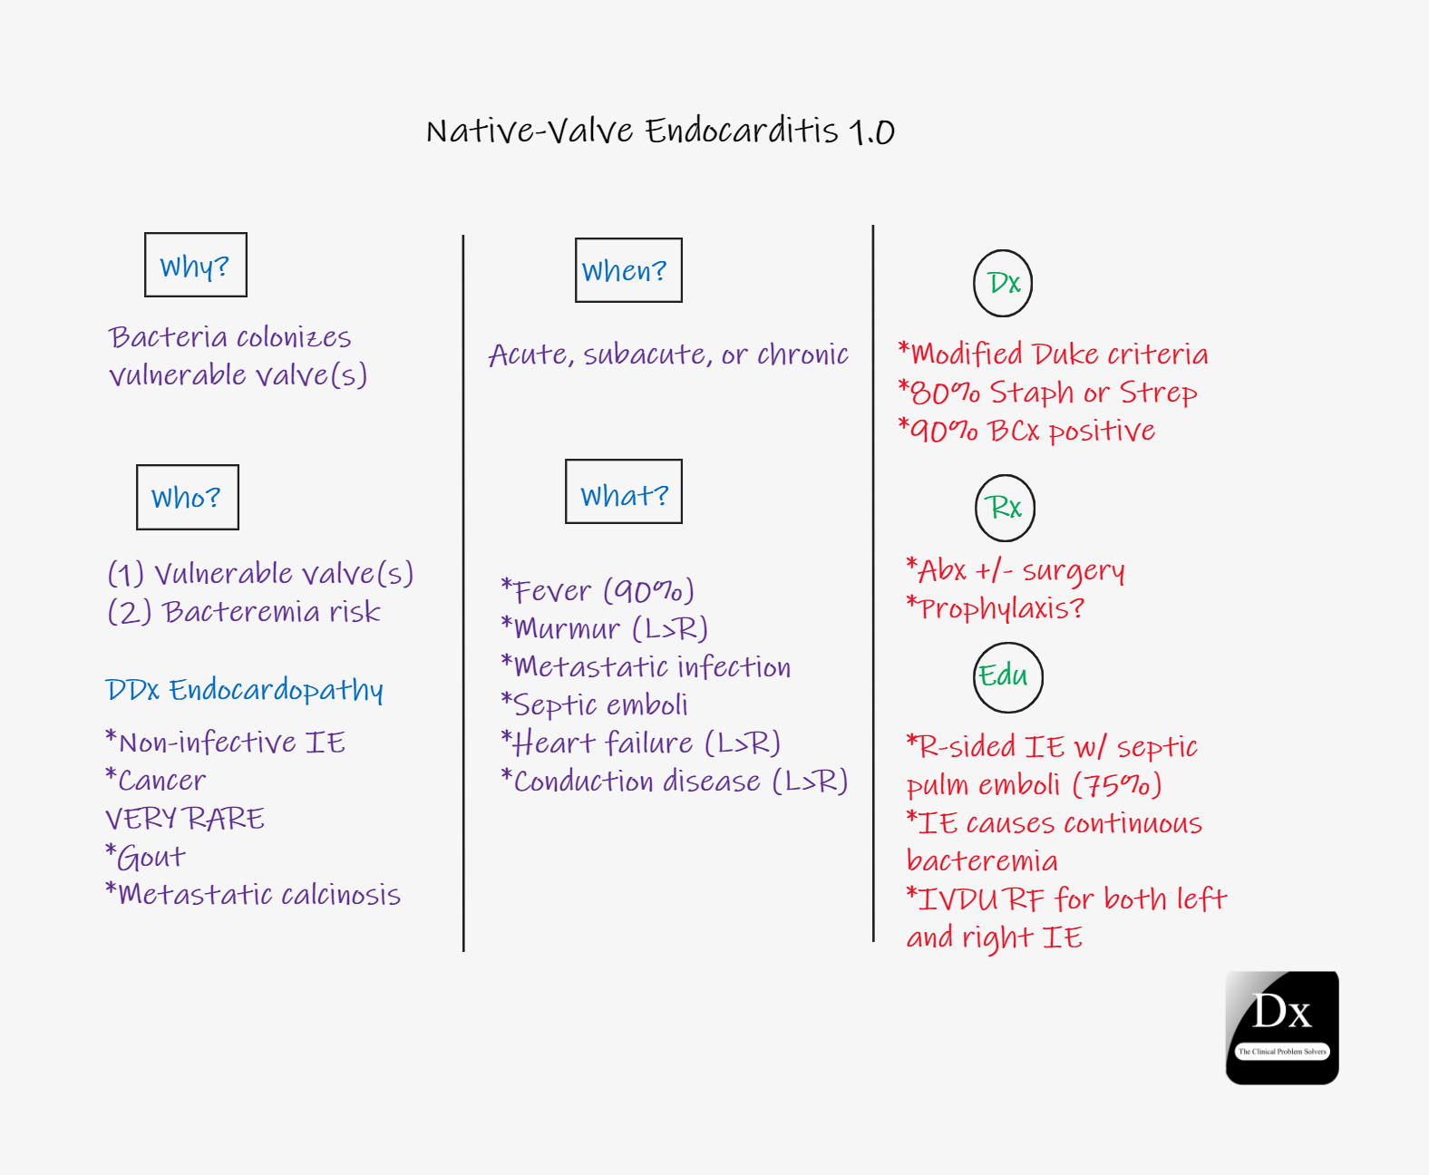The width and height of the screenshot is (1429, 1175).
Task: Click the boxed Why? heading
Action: (x=196, y=265)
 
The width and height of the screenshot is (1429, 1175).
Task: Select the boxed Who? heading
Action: (x=188, y=498)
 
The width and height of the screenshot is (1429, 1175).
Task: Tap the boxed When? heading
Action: (x=628, y=270)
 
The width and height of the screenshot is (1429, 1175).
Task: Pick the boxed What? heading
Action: (x=624, y=491)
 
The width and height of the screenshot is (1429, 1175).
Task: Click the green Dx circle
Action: (x=974, y=283)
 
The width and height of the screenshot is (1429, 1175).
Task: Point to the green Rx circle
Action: (x=976, y=509)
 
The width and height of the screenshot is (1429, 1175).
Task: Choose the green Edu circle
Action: (x=975, y=677)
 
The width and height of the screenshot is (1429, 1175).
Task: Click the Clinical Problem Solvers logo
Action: (x=1282, y=1028)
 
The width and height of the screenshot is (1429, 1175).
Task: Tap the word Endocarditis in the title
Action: (x=742, y=131)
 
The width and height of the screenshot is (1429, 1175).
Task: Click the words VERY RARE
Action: (x=184, y=819)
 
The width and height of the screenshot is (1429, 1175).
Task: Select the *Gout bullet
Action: (x=145, y=857)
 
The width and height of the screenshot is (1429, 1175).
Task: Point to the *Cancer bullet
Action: (x=155, y=781)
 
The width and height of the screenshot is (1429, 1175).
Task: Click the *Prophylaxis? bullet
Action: (x=996, y=608)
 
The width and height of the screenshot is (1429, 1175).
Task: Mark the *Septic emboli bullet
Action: (x=594, y=705)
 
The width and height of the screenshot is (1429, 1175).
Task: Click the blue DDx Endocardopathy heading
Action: (x=245, y=691)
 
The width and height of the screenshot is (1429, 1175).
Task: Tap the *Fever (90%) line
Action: (x=598, y=591)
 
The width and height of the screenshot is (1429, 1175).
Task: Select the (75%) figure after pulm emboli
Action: (x=1117, y=785)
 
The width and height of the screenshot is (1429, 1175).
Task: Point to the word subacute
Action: (x=645, y=354)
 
